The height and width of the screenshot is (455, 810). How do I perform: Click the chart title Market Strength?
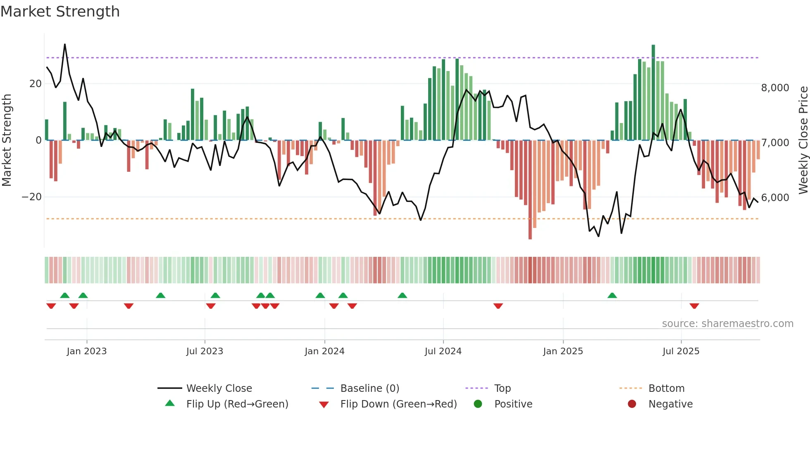60,12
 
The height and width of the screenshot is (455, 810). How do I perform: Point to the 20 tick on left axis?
36,84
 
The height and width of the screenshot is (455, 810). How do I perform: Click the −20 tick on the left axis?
32,197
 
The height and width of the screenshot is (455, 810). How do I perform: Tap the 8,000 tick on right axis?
775,88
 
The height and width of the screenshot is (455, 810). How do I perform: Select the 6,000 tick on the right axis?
775,198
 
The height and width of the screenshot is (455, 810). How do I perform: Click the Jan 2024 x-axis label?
324,351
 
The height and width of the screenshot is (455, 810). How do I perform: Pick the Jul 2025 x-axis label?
681,351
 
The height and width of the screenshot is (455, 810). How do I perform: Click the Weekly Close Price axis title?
803,140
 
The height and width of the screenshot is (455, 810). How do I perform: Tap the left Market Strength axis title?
7,140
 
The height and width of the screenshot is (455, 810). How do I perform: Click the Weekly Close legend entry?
219,389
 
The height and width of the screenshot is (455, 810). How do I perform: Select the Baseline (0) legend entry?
369,389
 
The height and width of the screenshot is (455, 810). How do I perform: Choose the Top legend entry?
503,389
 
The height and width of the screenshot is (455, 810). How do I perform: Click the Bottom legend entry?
666,389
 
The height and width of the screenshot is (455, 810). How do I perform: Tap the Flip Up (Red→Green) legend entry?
237,404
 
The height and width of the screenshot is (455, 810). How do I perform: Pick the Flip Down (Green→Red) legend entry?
398,404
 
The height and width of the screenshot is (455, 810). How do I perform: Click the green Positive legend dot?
478,404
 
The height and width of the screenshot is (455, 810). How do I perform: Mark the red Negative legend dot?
632,404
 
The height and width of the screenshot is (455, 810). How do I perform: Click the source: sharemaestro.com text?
727,324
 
